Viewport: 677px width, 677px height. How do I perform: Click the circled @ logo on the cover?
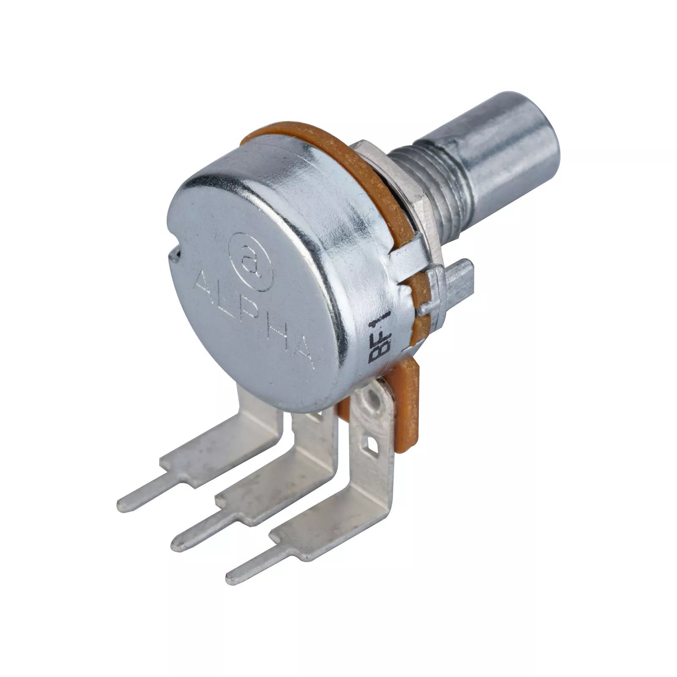pyautogui.click(x=250, y=262)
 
